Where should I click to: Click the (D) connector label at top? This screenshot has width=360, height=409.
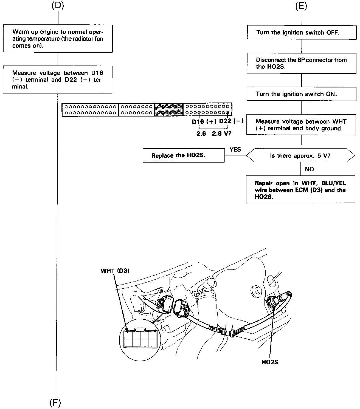pos(58,6)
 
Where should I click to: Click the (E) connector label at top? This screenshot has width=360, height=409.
pos(301,6)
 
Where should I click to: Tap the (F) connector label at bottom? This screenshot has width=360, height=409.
pos(55,403)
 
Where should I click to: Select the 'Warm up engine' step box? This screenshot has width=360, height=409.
pos(58,39)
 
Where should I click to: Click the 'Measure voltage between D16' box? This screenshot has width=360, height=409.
pos(58,79)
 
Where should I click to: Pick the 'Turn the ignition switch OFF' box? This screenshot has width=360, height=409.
pos(302,32)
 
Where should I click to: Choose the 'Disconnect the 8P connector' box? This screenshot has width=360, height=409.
pos(302,63)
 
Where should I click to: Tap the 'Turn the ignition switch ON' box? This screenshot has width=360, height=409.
pos(302,94)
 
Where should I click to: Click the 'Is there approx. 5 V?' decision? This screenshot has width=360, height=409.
pos(300,155)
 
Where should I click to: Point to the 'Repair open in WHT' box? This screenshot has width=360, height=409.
pos(300,190)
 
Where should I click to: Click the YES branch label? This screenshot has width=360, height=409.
pos(235,149)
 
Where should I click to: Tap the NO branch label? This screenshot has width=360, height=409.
pos(309,169)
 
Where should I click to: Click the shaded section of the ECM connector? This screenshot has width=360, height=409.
pos(169,109)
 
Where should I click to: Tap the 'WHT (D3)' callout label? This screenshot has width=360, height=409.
pos(115,271)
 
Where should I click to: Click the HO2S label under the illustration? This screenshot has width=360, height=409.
pos(270,362)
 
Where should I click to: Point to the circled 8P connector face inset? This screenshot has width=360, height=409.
pos(140,340)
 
